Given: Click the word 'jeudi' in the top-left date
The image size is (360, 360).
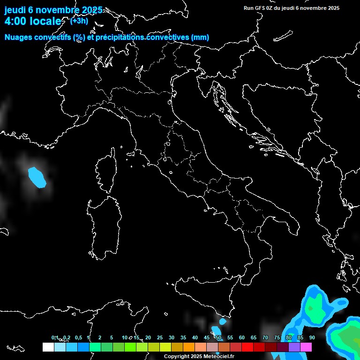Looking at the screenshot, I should [x=15, y=10].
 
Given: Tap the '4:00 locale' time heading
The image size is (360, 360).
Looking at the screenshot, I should [x=33, y=21].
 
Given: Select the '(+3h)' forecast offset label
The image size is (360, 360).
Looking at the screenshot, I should [x=79, y=21].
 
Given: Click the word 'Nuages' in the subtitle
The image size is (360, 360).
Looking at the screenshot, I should [x=18, y=37].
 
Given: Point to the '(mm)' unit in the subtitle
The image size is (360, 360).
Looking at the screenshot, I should [x=200, y=37].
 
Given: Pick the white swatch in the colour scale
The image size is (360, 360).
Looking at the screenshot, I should [x=48, y=347].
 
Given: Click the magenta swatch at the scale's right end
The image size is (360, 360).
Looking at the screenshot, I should [x=306, y=347].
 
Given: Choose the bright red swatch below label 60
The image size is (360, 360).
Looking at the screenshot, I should [x=247, y=347].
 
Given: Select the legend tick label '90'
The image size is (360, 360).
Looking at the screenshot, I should [x=312, y=337].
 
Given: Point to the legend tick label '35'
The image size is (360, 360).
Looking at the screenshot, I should [x=183, y=337].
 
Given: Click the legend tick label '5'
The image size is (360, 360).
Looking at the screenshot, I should [x=112, y=337].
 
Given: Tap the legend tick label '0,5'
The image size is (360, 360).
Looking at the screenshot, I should [x=78, y=337].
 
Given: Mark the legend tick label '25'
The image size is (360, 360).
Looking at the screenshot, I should [x=160, y=337].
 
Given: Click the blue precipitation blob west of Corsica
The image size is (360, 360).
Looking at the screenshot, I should [x=37, y=177].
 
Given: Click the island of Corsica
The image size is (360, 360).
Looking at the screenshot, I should [x=105, y=171].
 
